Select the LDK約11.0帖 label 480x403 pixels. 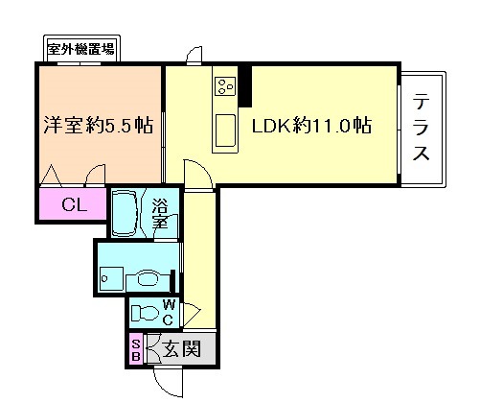point(311,126)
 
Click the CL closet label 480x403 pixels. point(72,203)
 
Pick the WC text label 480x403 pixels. point(167,313)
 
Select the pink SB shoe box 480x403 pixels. point(135,350)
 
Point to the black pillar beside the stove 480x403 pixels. point(245,86)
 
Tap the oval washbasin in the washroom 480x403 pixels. point(146,279)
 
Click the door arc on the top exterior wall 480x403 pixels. point(194,53)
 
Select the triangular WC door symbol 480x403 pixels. point(192,311)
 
